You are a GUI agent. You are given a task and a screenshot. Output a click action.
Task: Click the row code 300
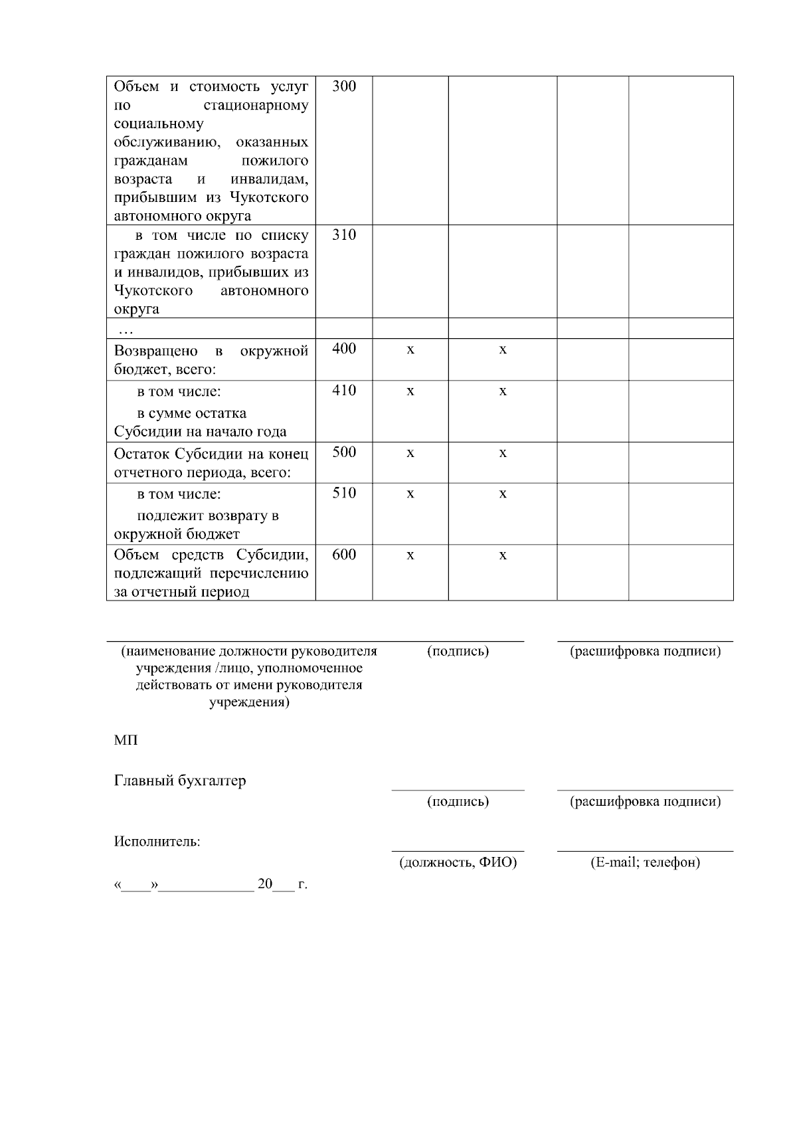tap(344, 86)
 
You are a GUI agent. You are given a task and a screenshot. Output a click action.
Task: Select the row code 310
tap(344, 235)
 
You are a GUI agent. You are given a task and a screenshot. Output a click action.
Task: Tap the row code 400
tap(344, 349)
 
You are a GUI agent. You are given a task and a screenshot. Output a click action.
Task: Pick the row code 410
tap(344, 391)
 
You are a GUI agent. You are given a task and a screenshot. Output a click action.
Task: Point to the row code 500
tap(344, 452)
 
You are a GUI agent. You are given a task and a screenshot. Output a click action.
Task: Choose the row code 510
tap(344, 493)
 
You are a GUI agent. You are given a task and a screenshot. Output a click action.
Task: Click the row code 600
tap(344, 555)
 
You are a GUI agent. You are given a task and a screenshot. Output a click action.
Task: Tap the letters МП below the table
tap(126, 740)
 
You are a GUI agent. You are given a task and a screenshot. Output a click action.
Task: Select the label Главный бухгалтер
tap(180, 781)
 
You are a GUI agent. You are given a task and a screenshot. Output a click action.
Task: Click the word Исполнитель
tap(157, 842)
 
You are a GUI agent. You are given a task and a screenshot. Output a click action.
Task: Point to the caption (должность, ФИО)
tap(458, 863)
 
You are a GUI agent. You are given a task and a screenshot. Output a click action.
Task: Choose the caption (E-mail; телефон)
tap(645, 863)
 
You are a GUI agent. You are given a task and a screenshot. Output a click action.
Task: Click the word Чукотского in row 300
tap(269, 198)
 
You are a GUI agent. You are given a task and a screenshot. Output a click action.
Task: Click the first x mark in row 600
tap(410, 555)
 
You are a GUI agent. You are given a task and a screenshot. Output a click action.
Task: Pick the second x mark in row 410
tap(503, 391)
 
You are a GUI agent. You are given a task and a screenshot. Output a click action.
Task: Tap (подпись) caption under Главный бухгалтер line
tap(458, 802)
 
